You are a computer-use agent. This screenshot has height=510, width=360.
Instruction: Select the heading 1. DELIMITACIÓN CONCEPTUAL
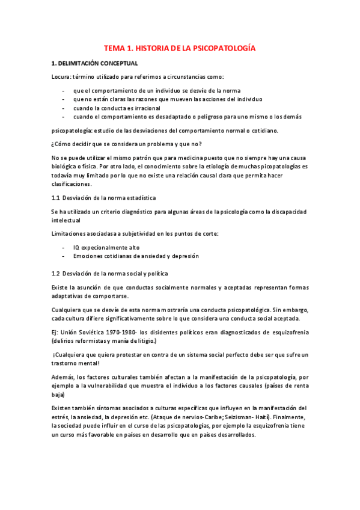[x=94, y=63]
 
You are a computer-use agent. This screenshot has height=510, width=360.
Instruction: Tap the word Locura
[x=61, y=76]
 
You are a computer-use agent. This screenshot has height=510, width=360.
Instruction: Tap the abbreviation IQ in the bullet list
[x=76, y=247]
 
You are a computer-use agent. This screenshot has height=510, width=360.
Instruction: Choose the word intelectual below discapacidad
[x=67, y=220]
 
